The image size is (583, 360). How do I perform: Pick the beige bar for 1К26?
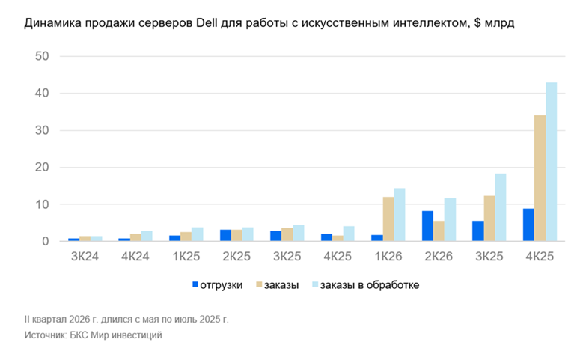tap(388, 219)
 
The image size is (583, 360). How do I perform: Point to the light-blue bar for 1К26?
tap(400, 215)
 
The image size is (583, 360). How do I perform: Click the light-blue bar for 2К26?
tap(450, 219)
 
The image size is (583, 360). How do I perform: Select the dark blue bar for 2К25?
tap(225, 235)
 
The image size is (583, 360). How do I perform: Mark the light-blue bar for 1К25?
tap(198, 234)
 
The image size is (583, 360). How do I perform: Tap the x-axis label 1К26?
tap(388, 256)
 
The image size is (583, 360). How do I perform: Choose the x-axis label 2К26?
tap(439, 256)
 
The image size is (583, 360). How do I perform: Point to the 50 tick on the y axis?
tap(42, 57)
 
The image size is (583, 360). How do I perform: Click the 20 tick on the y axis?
tap(42, 168)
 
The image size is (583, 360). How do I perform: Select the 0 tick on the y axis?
tap(45, 242)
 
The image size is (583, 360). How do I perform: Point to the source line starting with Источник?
tap(93, 335)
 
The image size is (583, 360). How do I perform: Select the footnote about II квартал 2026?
tap(126, 319)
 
